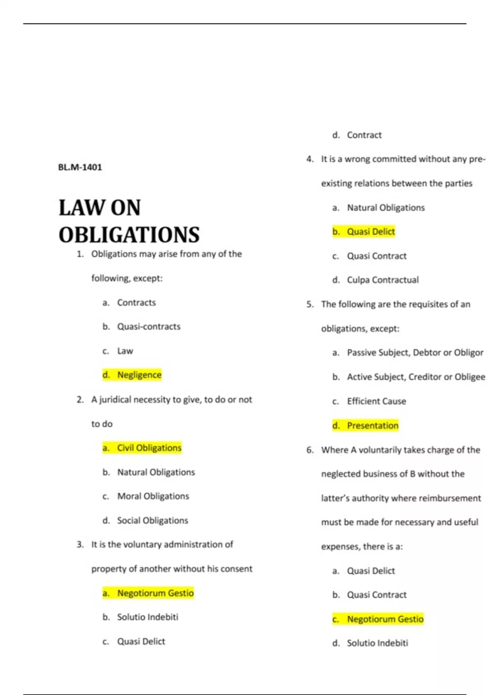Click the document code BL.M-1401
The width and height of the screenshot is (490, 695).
80,167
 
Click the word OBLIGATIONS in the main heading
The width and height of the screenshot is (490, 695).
129,235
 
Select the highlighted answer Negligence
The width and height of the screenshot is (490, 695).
139,375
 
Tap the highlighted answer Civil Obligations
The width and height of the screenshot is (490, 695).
149,448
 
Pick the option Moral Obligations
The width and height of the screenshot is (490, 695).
153,496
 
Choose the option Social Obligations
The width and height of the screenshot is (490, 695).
152,520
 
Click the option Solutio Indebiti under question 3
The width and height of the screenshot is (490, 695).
147,617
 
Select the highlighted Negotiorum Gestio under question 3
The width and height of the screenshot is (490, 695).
155,593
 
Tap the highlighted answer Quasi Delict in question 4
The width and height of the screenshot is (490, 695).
370,232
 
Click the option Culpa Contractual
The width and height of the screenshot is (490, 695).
383,280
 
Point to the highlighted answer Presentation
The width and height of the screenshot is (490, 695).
372,426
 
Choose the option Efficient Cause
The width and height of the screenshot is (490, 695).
376,401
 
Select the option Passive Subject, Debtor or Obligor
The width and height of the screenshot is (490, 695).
415,352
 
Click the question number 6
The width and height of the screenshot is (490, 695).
310,450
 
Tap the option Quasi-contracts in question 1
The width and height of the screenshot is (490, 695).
149,327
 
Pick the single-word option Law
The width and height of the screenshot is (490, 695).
125,351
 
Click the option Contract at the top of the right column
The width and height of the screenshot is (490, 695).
364,135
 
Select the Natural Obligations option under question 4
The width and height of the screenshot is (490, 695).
385,208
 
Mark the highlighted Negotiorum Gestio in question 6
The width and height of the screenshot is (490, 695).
385,619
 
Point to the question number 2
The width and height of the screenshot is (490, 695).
80,400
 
